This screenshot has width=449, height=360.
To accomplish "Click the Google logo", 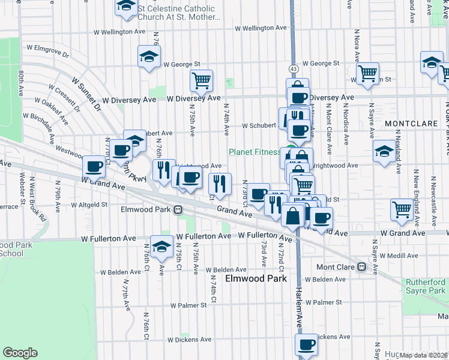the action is click(x=20, y=353).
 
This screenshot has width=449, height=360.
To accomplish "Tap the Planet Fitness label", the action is click(x=255, y=152).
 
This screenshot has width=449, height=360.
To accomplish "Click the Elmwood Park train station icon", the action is click(x=178, y=210).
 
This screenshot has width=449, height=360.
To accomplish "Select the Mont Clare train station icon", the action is click(x=361, y=267).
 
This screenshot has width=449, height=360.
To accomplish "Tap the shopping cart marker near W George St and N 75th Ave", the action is click(x=201, y=80).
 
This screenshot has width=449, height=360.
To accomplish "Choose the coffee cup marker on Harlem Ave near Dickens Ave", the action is click(x=307, y=345).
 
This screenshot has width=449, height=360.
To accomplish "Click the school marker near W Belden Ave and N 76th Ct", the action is click(x=161, y=247).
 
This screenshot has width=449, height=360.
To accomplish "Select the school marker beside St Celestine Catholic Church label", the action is click(x=125, y=6).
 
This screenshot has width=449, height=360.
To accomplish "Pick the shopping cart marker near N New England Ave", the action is click(x=401, y=209).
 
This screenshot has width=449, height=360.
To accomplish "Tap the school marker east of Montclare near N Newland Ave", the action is click(x=384, y=152).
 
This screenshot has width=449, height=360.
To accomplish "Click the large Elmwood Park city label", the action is click(x=255, y=279).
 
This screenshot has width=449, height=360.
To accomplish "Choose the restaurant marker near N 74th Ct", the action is click(x=220, y=184).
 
